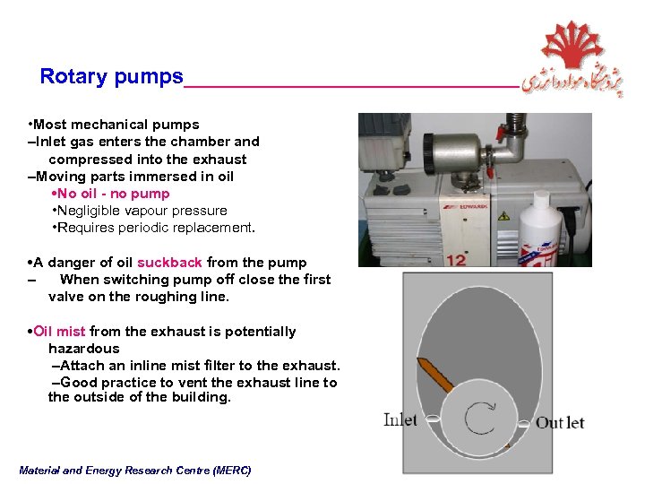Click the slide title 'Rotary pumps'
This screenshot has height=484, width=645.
pos(111,76)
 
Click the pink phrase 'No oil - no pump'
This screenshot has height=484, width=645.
pos(113,194)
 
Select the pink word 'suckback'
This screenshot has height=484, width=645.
pos(169,263)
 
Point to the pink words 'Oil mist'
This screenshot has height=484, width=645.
pos(59,332)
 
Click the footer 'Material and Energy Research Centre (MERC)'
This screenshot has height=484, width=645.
pos(135,470)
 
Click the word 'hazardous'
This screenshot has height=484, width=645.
pos(83,349)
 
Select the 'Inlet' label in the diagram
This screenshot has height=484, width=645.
pos(400,419)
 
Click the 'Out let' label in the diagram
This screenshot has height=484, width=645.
pos(560,422)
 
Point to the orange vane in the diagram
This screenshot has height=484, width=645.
pos(435,375)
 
